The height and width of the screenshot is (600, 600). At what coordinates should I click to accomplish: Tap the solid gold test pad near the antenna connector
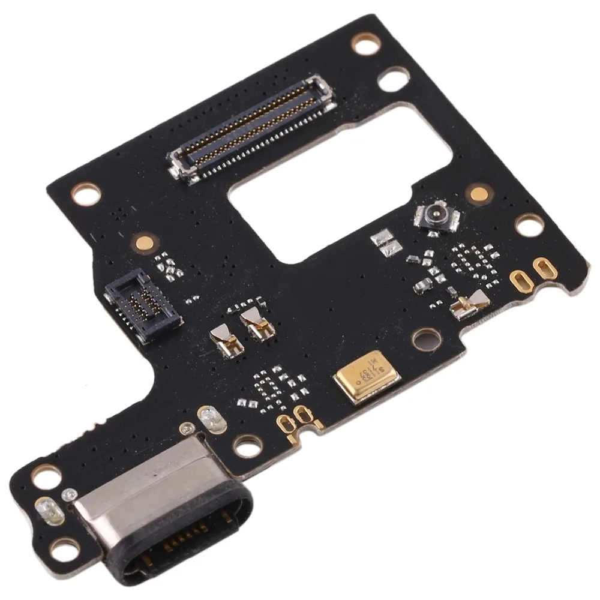[478, 193]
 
